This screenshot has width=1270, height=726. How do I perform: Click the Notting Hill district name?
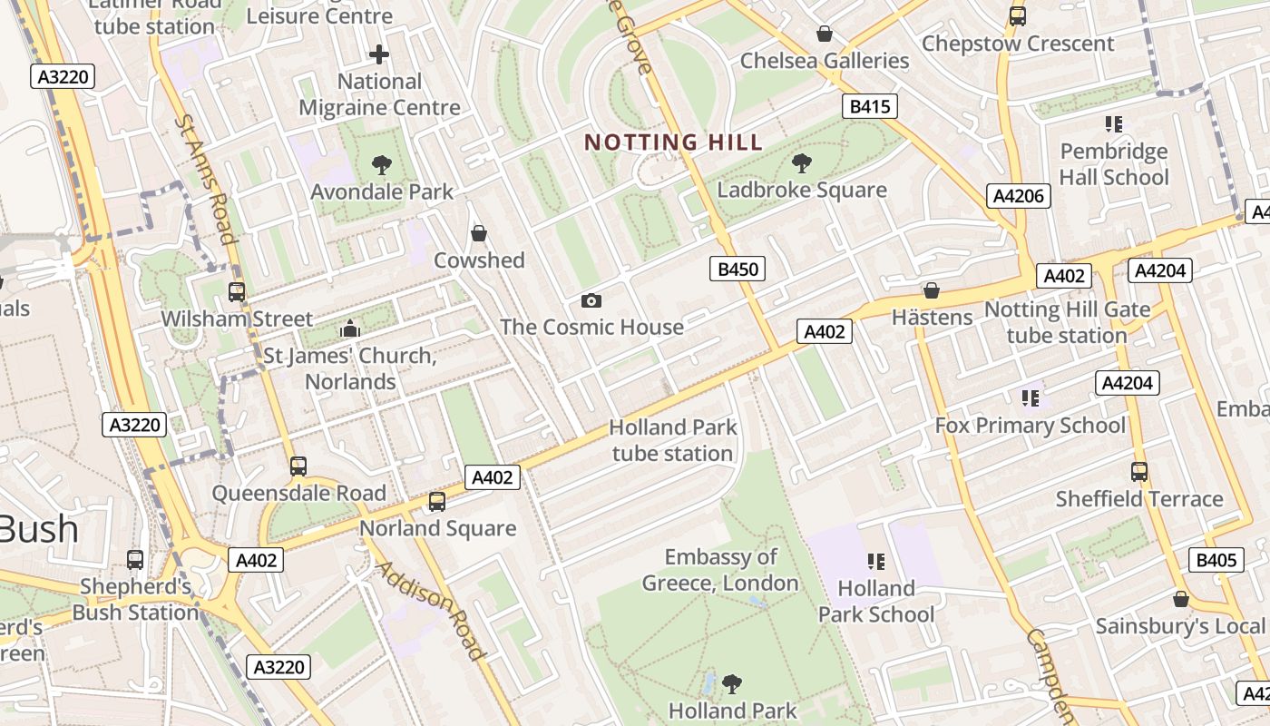(x=673, y=142)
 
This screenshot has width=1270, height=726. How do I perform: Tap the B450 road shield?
(x=737, y=269)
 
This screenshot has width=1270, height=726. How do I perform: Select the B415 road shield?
(x=869, y=106)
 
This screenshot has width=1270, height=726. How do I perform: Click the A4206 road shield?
(x=1019, y=196)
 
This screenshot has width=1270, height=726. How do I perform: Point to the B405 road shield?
(x=1216, y=560)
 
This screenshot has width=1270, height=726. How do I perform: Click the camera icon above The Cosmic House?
(x=591, y=300)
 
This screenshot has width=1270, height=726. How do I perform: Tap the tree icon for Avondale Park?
(x=382, y=165)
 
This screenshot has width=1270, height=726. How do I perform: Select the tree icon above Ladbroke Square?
(x=801, y=163)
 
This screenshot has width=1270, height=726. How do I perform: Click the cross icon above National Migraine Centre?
(x=379, y=54)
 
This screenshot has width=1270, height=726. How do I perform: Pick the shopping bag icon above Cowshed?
(x=479, y=233)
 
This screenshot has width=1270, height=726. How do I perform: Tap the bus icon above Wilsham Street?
(x=237, y=292)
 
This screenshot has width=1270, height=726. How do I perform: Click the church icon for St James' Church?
(x=349, y=329)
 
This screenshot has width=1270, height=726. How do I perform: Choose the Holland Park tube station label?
(x=672, y=440)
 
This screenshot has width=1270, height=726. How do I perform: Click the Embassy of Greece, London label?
(x=720, y=570)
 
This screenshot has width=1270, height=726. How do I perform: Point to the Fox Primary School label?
(x=1030, y=426)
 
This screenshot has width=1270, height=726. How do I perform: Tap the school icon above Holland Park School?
(x=875, y=562)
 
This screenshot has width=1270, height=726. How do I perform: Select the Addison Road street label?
(x=429, y=610)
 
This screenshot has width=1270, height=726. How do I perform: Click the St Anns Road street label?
(x=206, y=179)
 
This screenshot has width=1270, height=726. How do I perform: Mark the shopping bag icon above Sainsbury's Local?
(x=1180, y=599)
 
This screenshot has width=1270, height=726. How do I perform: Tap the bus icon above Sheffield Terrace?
(x=1139, y=472)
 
